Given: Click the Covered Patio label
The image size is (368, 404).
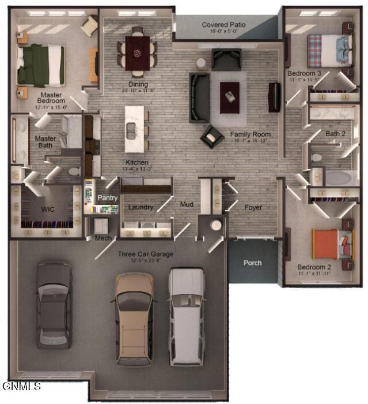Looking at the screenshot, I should click(x=223, y=25).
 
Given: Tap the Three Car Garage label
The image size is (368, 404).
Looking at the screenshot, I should click(x=146, y=254).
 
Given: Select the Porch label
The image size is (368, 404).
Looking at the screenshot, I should click(x=252, y=263).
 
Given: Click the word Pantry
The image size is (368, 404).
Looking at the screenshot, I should click(x=107, y=198).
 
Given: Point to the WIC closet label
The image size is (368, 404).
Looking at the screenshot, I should click(x=48, y=209).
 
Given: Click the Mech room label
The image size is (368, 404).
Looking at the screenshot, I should click(x=103, y=238).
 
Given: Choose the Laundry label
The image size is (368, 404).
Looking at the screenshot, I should click(x=141, y=207).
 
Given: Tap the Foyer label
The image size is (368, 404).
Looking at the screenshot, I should click(x=253, y=207).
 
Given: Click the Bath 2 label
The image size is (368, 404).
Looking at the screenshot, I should click(x=335, y=134).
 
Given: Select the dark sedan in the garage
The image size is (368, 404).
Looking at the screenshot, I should click(x=54, y=304).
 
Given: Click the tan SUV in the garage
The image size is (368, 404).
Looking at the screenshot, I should click(x=134, y=318).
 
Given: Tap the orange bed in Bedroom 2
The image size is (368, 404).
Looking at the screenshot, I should click(x=327, y=244).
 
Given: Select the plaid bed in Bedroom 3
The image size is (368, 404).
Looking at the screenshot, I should click(x=323, y=51).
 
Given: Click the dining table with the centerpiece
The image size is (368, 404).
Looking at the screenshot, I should click(x=138, y=53).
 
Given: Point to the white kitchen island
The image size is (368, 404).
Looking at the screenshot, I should click(x=135, y=129).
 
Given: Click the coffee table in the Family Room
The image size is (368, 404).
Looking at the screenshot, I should click(x=230, y=92).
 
